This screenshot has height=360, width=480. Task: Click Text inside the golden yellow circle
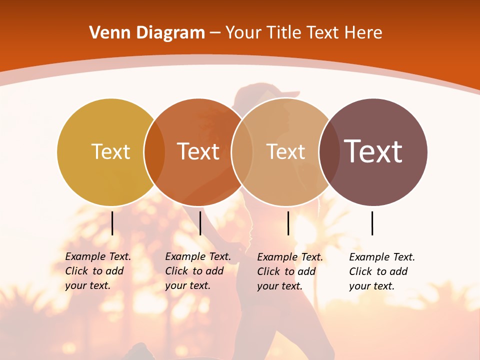coord(110,151)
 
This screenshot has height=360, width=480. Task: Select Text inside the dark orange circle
coord(198,151)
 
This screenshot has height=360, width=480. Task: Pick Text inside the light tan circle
coord(285,151)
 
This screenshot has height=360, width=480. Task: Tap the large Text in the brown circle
coord(373,151)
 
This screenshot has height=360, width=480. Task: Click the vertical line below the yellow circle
coord(112,223)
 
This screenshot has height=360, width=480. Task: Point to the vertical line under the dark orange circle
coord(200,223)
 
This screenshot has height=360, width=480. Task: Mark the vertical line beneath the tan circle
coord(288,223)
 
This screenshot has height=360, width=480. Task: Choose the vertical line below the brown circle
coord(372,223)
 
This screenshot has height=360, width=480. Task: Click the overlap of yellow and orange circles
coord(154,152)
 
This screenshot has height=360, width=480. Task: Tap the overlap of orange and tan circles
coord(242,152)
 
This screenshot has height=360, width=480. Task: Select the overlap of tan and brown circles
coord(329,152)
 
